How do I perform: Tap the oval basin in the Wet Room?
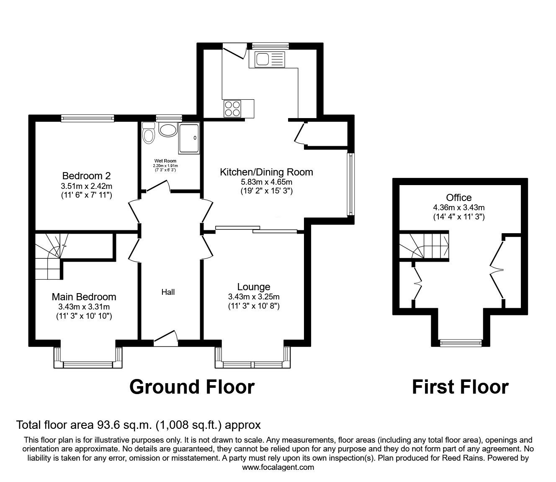(168, 129)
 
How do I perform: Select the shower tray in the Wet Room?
(189, 139)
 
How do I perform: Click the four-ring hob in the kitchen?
(233, 108)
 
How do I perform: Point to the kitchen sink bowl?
(262, 59)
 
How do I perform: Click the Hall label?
(168, 292)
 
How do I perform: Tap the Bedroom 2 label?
(86, 176)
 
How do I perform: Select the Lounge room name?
(254, 287)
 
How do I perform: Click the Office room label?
(459, 198)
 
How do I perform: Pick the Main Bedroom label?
(84, 297)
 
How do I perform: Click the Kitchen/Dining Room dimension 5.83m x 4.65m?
(267, 182)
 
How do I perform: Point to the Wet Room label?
(165, 161)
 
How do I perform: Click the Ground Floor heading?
(192, 387)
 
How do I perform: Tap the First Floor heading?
(460, 387)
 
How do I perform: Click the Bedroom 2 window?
(88, 118)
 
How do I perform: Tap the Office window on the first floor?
(461, 343)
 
